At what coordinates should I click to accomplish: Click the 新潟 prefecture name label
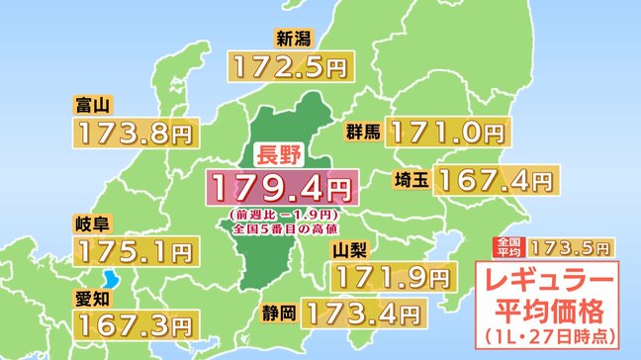[x=296, y=40]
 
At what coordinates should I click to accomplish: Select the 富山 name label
[x=90, y=105]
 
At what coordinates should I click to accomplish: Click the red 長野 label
[x=277, y=156]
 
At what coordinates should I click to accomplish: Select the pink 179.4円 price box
[x=278, y=186]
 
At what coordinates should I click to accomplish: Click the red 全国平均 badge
[x=507, y=246]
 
